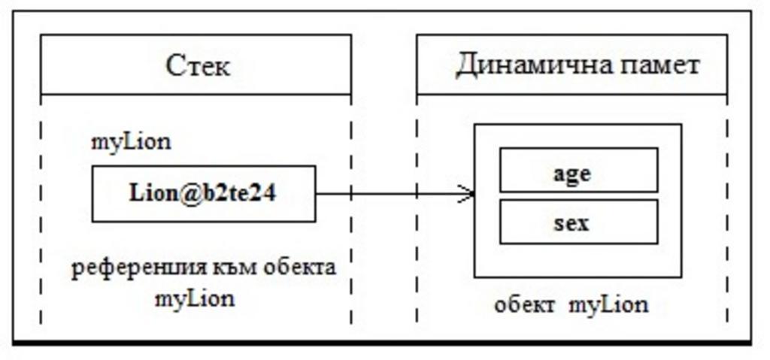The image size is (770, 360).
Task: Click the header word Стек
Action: (198, 67)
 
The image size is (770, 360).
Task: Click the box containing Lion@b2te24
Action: (204, 194)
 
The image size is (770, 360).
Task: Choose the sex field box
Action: (578, 222)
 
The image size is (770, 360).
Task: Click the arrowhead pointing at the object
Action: (468, 194)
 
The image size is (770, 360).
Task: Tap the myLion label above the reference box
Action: (131, 142)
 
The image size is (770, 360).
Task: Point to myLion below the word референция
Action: (195, 298)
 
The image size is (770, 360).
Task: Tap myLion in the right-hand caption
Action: (608, 305)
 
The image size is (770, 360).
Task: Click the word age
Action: (572, 173)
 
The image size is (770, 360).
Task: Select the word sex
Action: (572, 223)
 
